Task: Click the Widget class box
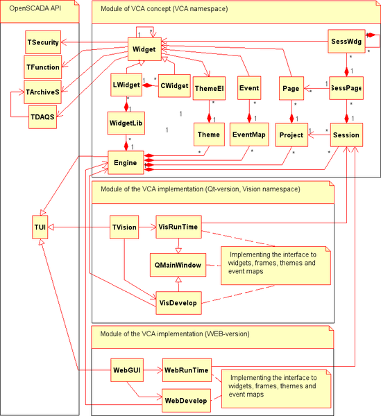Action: pos(144,49)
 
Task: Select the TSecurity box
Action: pos(43,42)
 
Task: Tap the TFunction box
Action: pos(43,68)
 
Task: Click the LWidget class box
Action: pos(127,87)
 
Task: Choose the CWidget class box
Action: pos(174,86)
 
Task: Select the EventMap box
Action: pos(248,135)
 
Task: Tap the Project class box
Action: pos(291,135)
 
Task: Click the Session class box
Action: pos(345,135)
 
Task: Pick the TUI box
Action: pos(40,227)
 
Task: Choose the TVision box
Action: pos(125,227)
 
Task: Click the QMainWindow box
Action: pos(178,264)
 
